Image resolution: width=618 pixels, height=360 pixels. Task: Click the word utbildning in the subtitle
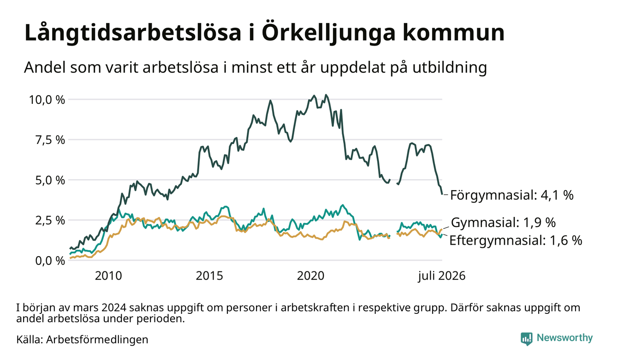point(450,68)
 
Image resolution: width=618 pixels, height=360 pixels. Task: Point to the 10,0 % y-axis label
point(47,100)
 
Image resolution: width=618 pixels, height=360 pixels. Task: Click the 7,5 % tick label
point(50,140)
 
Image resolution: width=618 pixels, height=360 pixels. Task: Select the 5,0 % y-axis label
point(50,180)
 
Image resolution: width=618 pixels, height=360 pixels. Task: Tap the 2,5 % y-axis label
point(50,221)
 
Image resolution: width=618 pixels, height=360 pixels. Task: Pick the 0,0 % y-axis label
point(50,261)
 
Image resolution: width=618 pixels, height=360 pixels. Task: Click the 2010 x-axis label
point(108,276)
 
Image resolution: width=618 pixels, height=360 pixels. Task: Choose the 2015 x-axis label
point(209,276)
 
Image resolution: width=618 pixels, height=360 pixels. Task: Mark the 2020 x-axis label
point(311,276)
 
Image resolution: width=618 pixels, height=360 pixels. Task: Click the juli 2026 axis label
point(442,276)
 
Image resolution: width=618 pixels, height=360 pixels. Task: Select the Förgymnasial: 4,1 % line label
point(512,195)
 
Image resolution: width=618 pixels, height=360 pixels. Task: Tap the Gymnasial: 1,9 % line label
point(503,222)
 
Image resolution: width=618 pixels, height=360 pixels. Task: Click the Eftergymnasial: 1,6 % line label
point(516,240)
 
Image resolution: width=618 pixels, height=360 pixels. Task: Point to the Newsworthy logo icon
point(526,338)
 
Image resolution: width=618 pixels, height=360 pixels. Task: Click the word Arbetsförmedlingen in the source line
point(97,340)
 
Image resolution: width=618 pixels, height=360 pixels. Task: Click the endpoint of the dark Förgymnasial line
point(442,194)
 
